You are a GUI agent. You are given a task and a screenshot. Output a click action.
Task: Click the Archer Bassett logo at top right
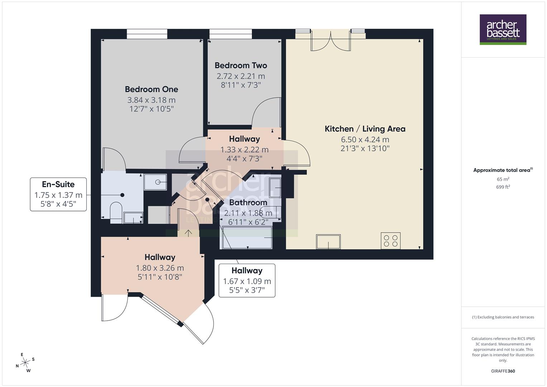503,29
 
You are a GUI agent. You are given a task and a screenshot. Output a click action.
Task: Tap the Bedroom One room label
151,89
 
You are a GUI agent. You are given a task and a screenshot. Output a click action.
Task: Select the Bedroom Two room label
241,65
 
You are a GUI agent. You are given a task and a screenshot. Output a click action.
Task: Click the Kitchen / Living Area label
365,129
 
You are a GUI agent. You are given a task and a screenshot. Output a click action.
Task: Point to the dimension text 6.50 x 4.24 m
365,139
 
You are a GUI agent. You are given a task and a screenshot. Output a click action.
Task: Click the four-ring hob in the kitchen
390,240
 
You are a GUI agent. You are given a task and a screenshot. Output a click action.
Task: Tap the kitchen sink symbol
328,242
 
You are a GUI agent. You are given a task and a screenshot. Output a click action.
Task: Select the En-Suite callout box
58,194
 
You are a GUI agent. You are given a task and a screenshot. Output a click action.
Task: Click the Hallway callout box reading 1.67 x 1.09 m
247,280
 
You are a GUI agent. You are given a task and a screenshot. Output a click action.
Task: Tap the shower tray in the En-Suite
155,182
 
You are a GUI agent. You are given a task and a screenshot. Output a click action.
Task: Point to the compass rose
25,363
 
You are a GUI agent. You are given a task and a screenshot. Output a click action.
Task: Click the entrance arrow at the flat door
188,233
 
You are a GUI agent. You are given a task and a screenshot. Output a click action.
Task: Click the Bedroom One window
147,34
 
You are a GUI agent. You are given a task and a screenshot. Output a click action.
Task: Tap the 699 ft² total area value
503,187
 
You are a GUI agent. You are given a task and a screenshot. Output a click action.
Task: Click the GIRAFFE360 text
503,371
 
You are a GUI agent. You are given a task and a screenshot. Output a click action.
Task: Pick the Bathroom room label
248,202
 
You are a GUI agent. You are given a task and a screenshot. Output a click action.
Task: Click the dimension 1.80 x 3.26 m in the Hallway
160,268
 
